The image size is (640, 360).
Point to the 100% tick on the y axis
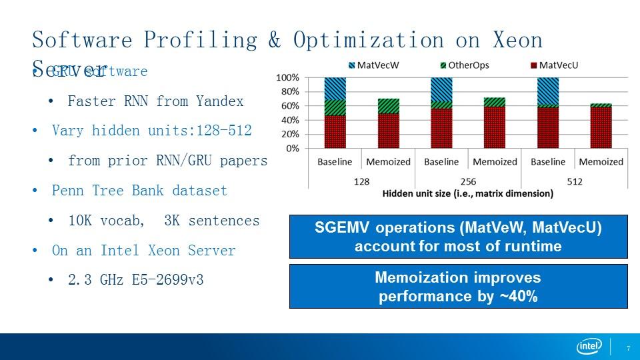287,78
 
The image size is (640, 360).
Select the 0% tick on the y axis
292,149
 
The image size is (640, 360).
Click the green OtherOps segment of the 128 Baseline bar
335,107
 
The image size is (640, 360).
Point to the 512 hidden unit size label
574,180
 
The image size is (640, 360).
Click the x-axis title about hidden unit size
467,194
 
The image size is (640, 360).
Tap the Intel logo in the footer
589,347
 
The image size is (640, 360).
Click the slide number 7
629,348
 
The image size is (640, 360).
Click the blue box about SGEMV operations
459,237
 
